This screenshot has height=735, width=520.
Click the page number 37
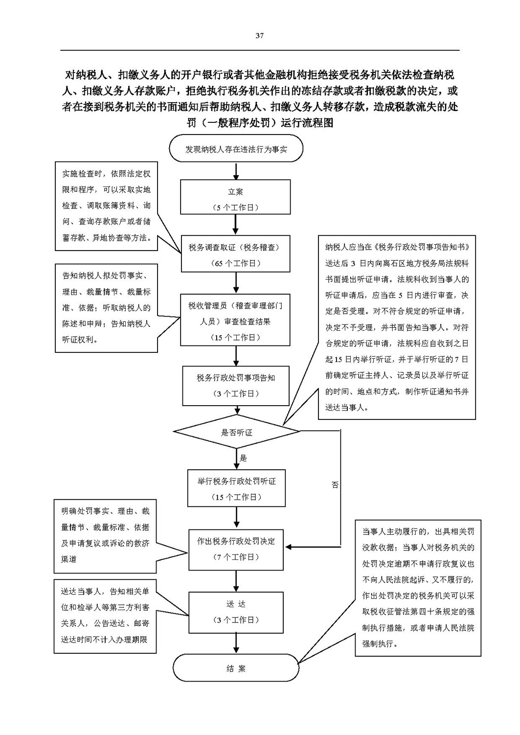(259, 35)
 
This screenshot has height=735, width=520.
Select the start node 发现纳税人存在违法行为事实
(236, 148)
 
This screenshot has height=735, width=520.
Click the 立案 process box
(235, 197)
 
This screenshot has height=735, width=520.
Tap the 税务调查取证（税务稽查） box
(236, 253)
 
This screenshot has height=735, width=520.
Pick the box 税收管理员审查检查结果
(235, 320)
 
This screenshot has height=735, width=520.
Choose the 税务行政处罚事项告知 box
(236, 386)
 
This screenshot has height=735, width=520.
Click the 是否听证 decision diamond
(237, 432)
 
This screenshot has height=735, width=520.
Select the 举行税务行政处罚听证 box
(236, 488)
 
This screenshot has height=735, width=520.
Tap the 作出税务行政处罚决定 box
(236, 550)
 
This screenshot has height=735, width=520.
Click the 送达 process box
(236, 612)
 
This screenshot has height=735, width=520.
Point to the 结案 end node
(236, 668)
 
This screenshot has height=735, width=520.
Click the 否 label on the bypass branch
(335, 484)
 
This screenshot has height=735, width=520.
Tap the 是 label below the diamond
(243, 458)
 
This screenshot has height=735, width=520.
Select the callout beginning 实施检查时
(106, 206)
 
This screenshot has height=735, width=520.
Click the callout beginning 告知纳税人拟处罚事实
(106, 308)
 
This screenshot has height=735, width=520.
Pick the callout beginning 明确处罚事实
(105, 536)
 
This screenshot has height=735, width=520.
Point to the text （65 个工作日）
(236, 263)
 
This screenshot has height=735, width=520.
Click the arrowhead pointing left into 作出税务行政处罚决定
(289, 547)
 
